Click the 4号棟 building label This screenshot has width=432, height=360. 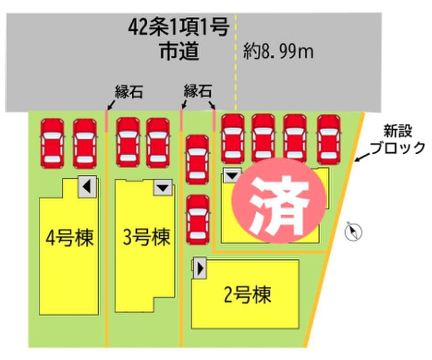pos(69,238)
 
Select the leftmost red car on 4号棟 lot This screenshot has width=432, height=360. pos(52,142)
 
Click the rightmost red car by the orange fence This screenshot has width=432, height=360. pos(329,139)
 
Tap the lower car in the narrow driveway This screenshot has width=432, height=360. pos(198,221)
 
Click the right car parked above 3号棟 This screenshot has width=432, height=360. pos(158,141)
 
